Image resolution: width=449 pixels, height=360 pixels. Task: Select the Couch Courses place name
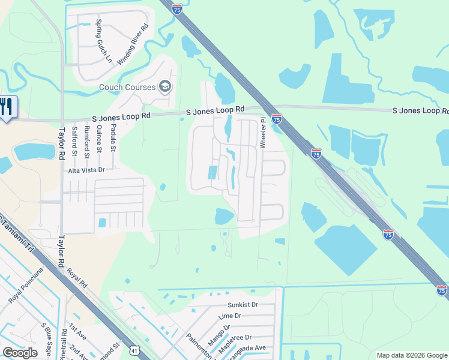click(x=128, y=88)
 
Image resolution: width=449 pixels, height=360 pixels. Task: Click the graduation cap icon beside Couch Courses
click(x=165, y=87)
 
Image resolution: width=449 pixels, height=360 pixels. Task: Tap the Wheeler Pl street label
click(x=262, y=133)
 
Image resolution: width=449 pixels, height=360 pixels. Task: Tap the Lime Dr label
click(x=230, y=316)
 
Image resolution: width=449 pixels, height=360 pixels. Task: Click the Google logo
click(x=20, y=353)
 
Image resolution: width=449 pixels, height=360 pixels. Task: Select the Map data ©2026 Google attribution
click(x=412, y=355)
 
